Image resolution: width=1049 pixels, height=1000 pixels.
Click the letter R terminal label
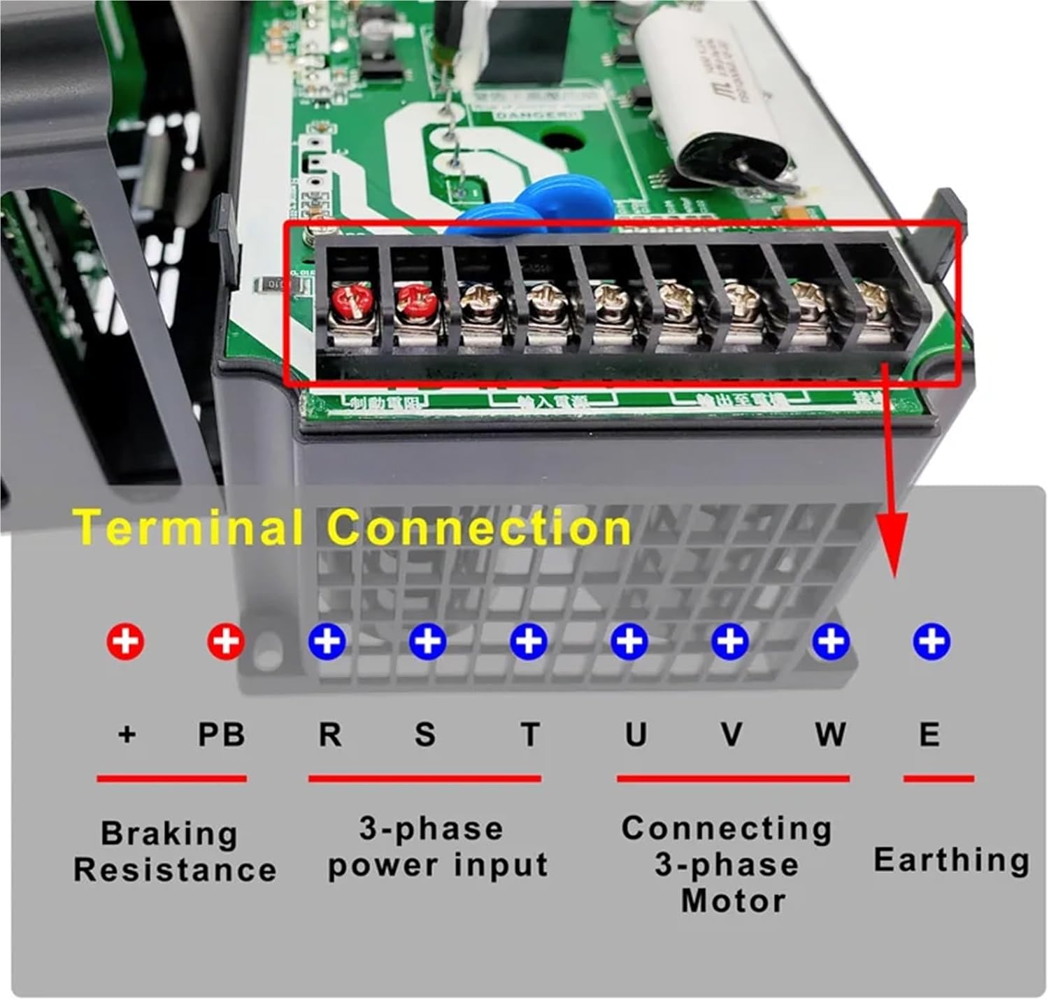pyautogui.click(x=330, y=735)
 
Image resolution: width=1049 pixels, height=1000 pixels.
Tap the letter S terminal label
pyautogui.click(x=424, y=735)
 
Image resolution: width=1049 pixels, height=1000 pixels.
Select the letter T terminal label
pyautogui.click(x=530, y=735)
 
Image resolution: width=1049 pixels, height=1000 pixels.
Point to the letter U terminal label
pyautogui.click(x=635, y=735)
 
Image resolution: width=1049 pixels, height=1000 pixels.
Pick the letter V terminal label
pyautogui.click(x=732, y=735)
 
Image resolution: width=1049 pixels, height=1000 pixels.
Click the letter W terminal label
pyautogui.click(x=829, y=735)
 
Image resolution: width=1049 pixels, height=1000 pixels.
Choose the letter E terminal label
pyautogui.click(x=929, y=735)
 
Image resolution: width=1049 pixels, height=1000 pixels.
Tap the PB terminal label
pyautogui.click(x=221, y=735)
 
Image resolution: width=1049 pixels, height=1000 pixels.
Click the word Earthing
pyautogui.click(x=951, y=859)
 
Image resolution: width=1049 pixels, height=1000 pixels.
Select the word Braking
pyautogui.click(x=169, y=834)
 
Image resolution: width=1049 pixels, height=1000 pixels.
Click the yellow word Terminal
pyautogui.click(x=187, y=527)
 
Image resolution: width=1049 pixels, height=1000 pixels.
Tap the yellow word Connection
pyautogui.click(x=480, y=527)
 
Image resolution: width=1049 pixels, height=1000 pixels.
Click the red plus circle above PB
pyautogui.click(x=226, y=641)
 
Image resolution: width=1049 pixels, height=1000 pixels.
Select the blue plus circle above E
pyautogui.click(x=932, y=641)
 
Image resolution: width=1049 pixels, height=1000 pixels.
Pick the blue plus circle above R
pyautogui.click(x=327, y=641)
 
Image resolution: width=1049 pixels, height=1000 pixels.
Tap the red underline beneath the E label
pyautogui.click(x=939, y=778)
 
